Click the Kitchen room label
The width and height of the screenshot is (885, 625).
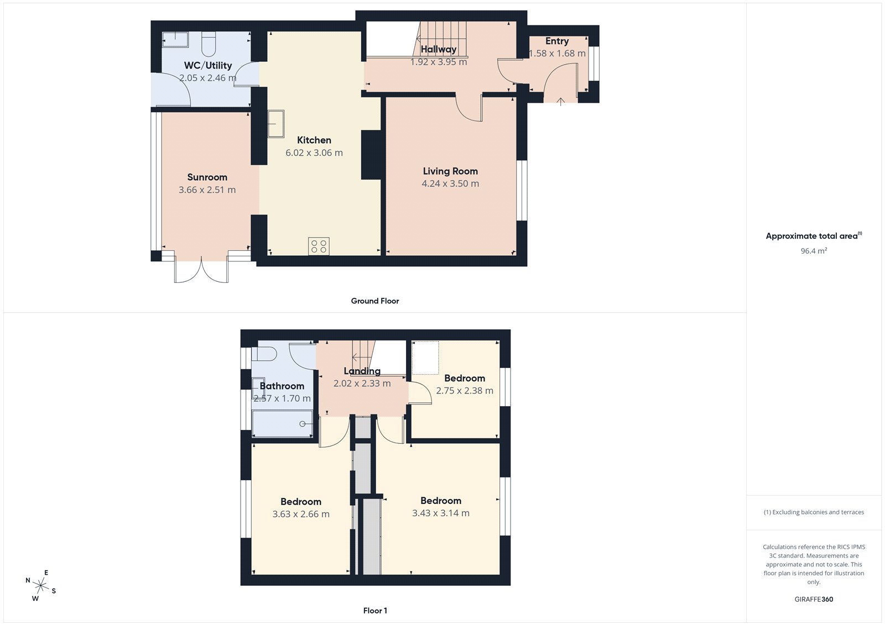click(314, 140)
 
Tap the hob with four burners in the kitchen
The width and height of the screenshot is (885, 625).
click(319, 246)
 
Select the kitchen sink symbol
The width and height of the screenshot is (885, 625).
click(276, 124)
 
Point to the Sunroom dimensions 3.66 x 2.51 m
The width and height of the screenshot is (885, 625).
click(207, 190)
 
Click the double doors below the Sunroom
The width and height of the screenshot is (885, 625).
click(201, 270)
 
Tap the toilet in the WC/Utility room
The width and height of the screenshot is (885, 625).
click(209, 44)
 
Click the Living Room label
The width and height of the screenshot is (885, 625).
click(450, 171)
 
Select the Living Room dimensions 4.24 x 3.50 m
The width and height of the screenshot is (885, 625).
click(450, 183)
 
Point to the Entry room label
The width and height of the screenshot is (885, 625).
click(556, 41)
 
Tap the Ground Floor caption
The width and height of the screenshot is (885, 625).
click(374, 301)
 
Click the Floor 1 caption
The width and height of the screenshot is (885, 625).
click(375, 611)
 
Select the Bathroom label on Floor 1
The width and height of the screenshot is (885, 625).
click(282, 386)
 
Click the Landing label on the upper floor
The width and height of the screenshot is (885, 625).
click(362, 371)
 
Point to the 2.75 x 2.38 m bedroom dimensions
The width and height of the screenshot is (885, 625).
click(465, 391)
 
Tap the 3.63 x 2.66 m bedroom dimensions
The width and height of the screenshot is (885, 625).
click(301, 514)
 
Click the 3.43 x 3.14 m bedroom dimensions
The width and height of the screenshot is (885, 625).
click(441, 513)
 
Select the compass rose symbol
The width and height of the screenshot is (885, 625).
click(40, 585)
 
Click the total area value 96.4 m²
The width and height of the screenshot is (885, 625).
click(814, 251)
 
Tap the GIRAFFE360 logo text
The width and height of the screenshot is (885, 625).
click(814, 599)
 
